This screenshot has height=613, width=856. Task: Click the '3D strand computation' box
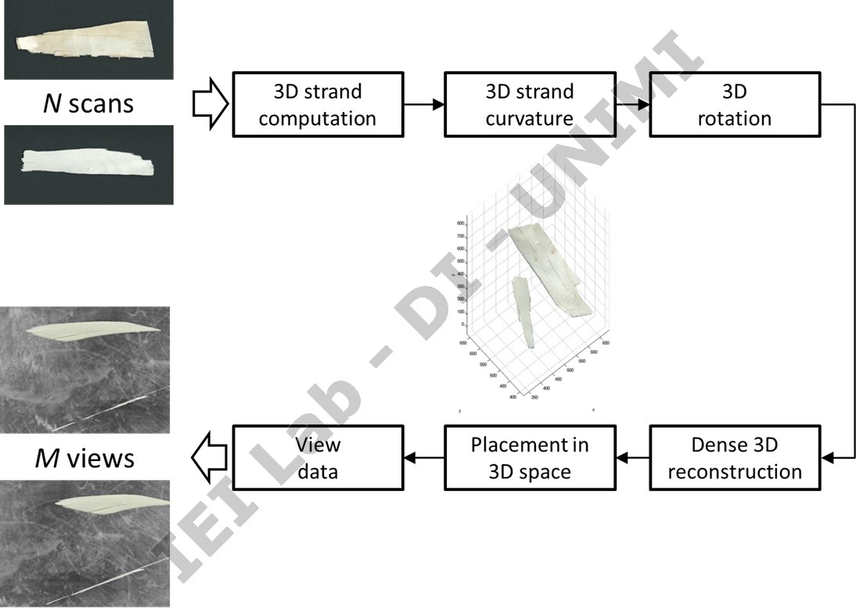[x=318, y=105]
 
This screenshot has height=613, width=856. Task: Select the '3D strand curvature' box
[x=530, y=105]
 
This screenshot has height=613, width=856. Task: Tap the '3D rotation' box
[x=735, y=105]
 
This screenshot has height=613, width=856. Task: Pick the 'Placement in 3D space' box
[x=530, y=458]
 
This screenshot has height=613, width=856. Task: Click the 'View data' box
[x=318, y=458]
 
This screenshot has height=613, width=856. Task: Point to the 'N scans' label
[x=84, y=103]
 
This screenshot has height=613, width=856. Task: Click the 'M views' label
[x=84, y=457]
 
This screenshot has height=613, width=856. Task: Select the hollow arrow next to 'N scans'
[x=210, y=105]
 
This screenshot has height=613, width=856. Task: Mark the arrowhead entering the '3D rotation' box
[x=644, y=105]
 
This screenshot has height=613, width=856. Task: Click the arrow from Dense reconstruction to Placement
[x=632, y=458]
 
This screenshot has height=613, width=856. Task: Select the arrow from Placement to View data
[x=423, y=458]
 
